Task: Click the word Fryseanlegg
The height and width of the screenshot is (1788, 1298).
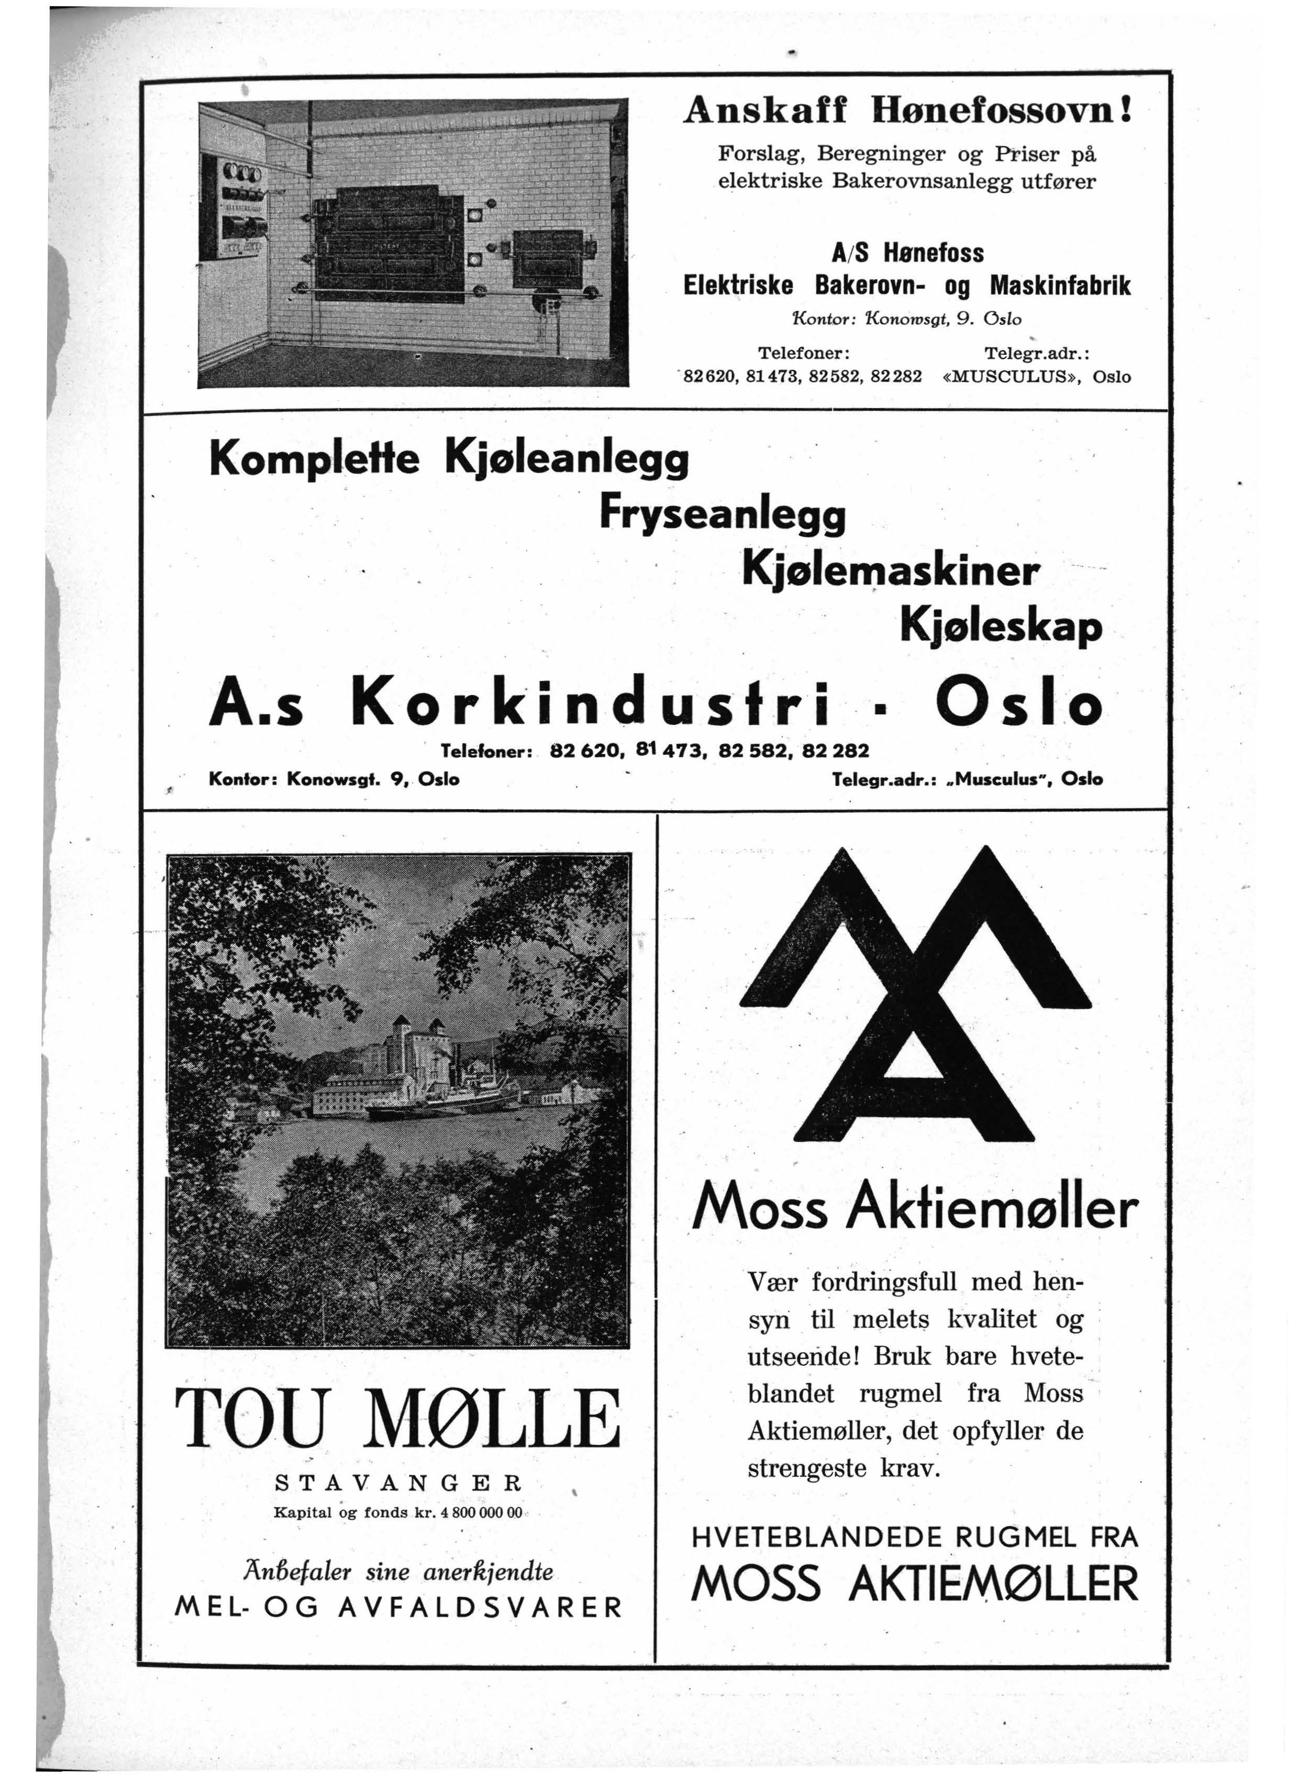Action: coord(722,515)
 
